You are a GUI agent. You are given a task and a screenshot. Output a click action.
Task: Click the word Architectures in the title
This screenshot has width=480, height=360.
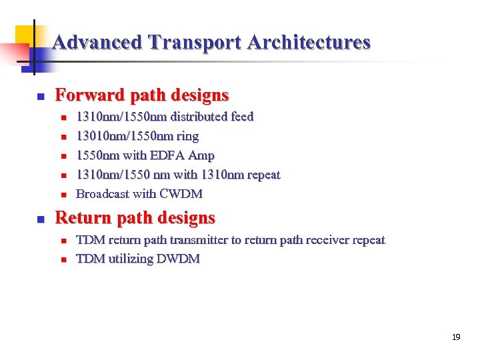pos(309,43)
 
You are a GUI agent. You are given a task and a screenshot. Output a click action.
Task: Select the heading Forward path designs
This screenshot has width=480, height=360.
pos(141,95)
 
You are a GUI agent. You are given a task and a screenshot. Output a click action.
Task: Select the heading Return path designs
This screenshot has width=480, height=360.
pos(135,218)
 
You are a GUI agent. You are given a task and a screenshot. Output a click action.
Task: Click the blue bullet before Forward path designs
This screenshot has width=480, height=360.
pos(39,96)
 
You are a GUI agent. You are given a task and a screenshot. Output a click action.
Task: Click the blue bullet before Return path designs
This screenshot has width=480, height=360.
pos(39,219)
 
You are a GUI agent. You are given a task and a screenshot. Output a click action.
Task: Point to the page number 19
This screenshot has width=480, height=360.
pos(456,337)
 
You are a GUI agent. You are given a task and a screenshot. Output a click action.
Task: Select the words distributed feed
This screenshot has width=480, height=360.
pos(212,117)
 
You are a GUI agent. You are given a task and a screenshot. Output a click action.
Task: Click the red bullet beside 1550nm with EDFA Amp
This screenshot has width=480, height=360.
pos(64,156)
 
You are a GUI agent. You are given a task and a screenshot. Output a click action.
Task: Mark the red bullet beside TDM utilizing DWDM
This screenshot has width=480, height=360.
pos(64,259)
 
